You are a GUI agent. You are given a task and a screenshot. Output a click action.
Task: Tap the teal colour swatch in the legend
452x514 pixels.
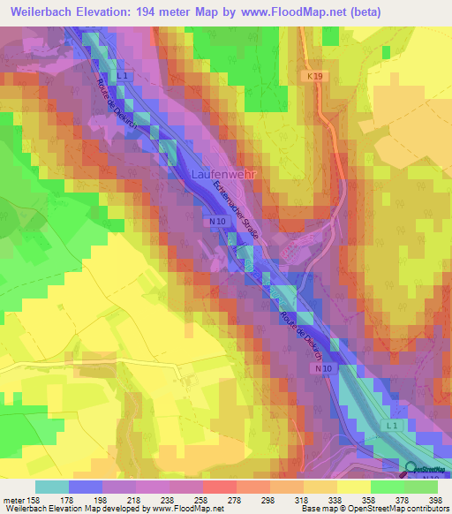[x=52, y=487]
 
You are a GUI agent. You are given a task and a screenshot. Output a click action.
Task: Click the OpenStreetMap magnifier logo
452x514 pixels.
[x=411, y=468]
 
